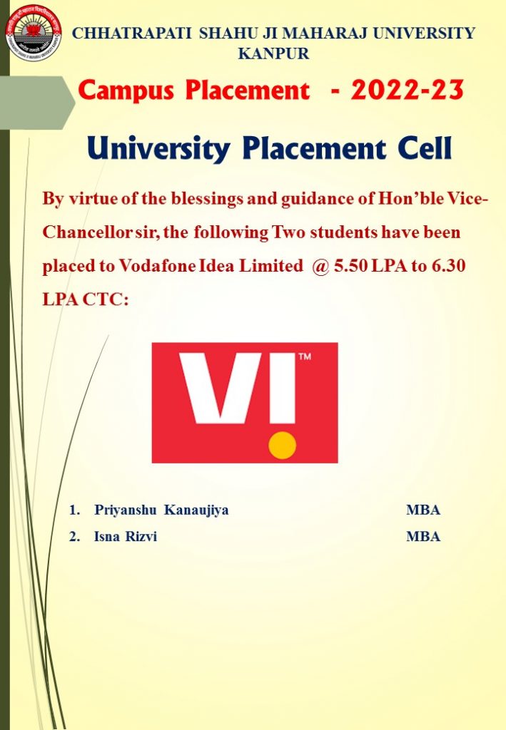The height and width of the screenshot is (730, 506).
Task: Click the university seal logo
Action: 34,33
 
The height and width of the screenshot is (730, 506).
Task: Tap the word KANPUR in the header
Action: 273,53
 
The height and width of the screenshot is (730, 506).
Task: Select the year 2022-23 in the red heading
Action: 408,90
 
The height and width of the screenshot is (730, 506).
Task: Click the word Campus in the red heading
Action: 126,91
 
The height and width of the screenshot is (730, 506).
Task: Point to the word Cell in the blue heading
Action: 425,148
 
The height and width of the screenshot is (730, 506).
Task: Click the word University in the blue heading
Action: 158,150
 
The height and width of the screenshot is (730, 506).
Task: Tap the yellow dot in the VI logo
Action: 283,445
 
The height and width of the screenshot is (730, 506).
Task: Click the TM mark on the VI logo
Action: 305,357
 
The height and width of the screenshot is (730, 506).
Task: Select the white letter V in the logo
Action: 221,389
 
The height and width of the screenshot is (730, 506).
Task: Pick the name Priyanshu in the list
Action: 126,510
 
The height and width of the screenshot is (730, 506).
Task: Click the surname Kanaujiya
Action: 196,510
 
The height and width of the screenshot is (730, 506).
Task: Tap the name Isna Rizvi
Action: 126,536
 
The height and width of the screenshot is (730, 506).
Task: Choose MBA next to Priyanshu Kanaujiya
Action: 423,510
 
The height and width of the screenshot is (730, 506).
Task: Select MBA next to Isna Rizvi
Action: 423,536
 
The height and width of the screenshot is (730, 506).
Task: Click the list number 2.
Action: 74,536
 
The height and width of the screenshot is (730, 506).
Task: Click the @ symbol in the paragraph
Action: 320,266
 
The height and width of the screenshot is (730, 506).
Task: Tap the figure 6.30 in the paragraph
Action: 449,265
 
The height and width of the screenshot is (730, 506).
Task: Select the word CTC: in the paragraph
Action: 106,299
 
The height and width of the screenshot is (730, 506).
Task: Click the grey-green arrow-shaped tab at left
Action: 37,103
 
